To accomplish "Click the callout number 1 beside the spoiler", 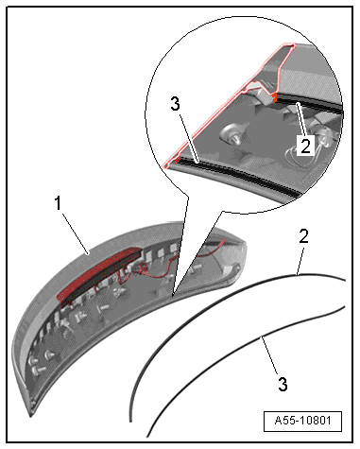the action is pos(58,203).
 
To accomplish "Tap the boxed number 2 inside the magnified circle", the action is pos(305,146).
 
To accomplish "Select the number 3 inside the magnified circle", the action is pos(175,104).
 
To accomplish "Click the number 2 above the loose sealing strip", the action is pos(303,236).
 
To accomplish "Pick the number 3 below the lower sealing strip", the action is pos(283,384).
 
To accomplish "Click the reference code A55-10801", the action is pos(302,421).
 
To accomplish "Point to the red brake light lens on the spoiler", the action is pos(99,274).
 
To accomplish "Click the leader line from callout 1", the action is pos(76,233).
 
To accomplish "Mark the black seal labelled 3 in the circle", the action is pos(239,175).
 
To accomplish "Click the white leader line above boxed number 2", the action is pos(300,120).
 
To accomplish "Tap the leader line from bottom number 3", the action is pos(269,355).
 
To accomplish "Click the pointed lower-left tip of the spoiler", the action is pos(31,417).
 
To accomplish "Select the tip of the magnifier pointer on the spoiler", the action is pos(172,297).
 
